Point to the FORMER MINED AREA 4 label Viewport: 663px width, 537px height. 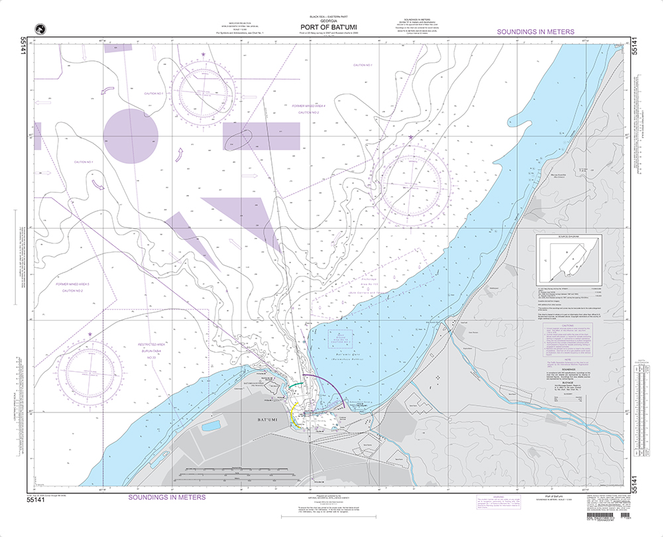(309, 106)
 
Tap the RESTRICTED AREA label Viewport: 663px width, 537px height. (151, 346)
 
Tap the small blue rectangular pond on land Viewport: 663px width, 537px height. (212, 425)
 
